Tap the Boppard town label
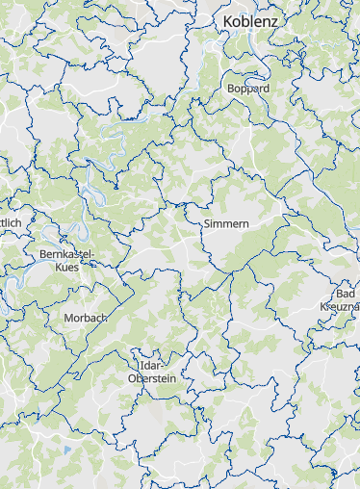(x=248, y=88)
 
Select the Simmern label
(x=227, y=223)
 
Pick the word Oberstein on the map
(x=152, y=379)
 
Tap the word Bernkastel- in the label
(x=66, y=254)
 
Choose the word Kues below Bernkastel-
(x=67, y=267)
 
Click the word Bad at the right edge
(x=346, y=294)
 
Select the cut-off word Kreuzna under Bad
(x=339, y=306)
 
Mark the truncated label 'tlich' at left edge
(x=10, y=222)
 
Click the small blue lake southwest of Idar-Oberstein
(x=66, y=449)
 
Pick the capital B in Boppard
(x=231, y=88)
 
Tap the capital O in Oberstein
(x=132, y=379)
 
